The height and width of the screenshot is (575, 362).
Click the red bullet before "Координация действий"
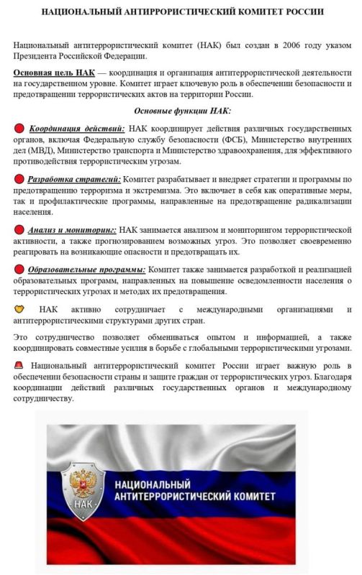pyautogui.click(x=19, y=128)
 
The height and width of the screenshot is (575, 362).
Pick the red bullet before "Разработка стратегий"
pyautogui.click(x=19, y=178)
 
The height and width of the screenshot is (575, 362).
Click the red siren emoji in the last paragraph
pyautogui.click(x=19, y=366)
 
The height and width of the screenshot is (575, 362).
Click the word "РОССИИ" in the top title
pyautogui.click(x=299, y=12)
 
